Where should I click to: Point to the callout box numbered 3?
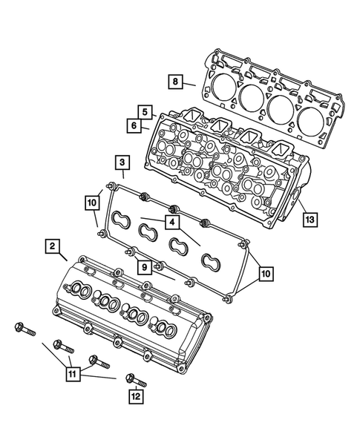tap(120, 162)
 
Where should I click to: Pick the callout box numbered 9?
tap(145, 266)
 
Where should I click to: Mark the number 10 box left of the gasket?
tap(91, 201)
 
